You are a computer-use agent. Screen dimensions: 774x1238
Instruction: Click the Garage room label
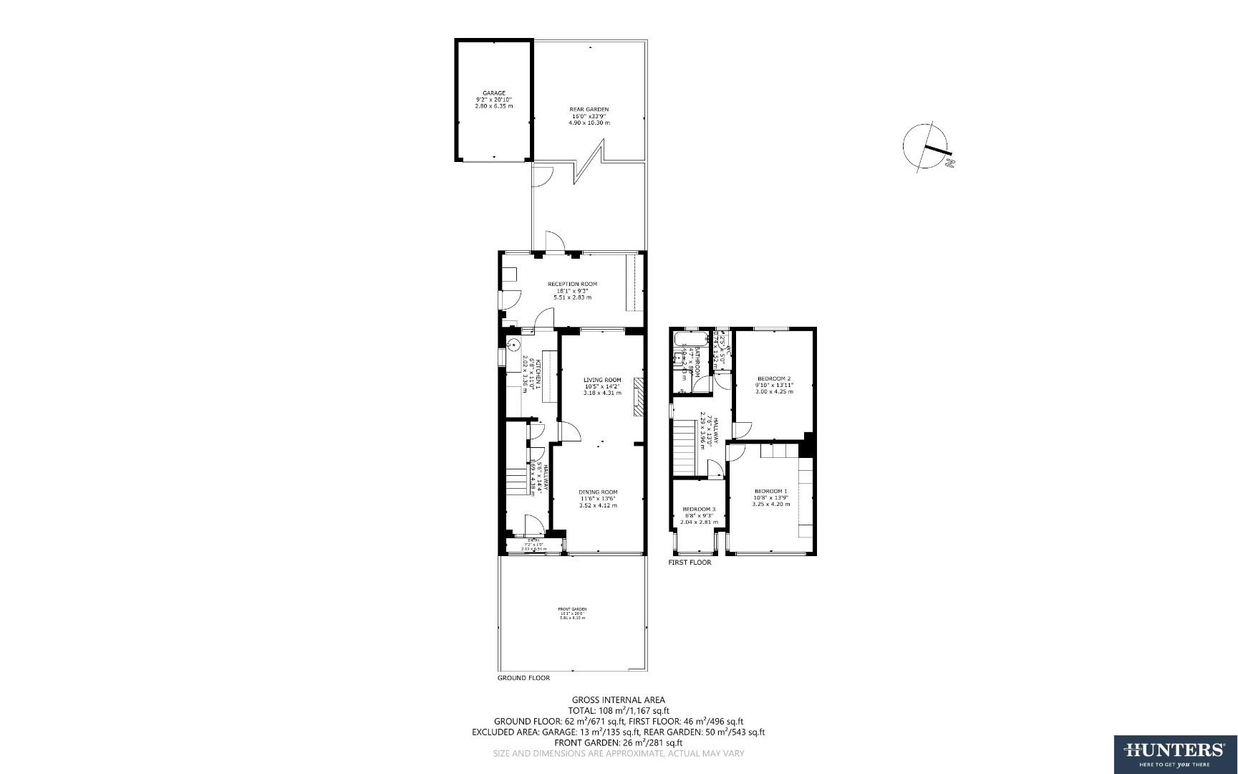click(x=493, y=99)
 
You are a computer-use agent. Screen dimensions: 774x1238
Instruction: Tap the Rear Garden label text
click(x=589, y=116)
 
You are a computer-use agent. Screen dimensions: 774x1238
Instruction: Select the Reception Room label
click(x=572, y=290)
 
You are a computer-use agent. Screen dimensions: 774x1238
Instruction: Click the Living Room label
click(x=602, y=386)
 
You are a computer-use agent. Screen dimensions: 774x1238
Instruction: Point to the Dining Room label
click(x=598, y=498)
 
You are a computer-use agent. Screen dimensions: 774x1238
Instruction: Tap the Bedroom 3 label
click(x=699, y=515)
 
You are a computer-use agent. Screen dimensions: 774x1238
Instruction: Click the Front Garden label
click(x=572, y=613)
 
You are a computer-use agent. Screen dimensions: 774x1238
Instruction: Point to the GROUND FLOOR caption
click(x=523, y=677)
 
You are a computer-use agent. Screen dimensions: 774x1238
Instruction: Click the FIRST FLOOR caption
click(x=690, y=563)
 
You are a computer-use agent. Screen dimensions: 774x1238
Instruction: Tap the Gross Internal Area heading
click(x=618, y=699)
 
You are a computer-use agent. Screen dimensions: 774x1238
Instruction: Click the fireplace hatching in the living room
click(x=638, y=398)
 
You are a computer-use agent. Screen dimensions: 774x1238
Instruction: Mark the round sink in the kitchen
click(x=513, y=345)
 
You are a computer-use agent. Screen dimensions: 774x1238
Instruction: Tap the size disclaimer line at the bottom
click(x=618, y=753)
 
